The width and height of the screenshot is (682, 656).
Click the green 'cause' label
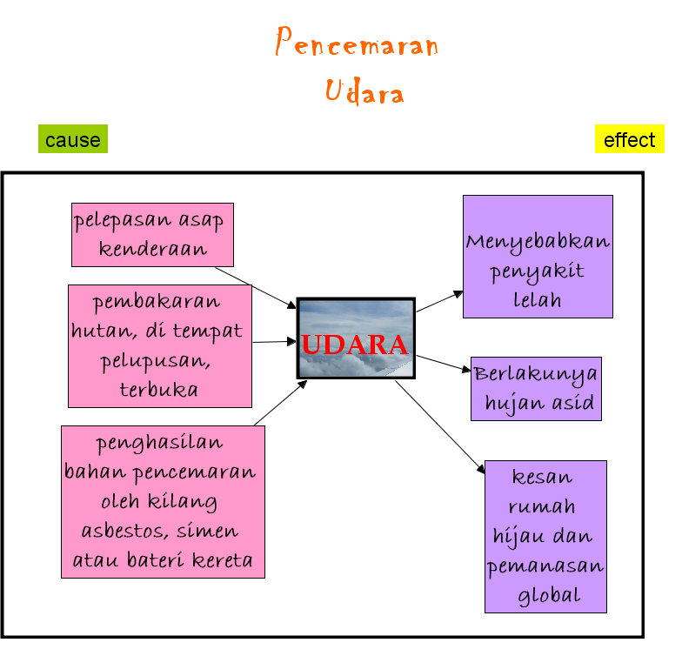click(73, 139)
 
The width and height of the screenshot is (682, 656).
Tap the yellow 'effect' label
click(629, 139)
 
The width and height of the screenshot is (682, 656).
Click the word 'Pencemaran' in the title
click(357, 44)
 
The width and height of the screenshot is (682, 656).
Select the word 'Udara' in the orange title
click(364, 90)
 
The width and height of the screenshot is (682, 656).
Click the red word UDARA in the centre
click(355, 345)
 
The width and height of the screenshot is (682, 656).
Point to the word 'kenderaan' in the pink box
click(152, 249)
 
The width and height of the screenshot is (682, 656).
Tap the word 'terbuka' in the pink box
click(159, 389)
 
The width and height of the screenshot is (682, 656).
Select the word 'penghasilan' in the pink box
click(159, 443)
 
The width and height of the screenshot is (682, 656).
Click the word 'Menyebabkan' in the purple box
click(538, 241)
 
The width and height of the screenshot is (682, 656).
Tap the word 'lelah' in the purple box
click(538, 300)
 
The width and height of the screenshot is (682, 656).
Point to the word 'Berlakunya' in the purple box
click(536, 374)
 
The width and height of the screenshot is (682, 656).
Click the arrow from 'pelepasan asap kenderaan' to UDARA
click(257, 287)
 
